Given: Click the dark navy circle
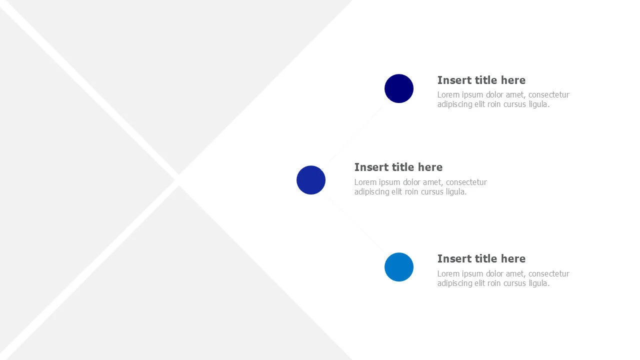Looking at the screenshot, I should click(x=399, y=88).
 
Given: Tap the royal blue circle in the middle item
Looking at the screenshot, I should click(x=311, y=180).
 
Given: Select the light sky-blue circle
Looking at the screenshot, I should click(x=399, y=267).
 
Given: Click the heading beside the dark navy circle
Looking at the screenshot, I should click(x=481, y=80).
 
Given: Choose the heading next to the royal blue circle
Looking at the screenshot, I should click(x=398, y=167).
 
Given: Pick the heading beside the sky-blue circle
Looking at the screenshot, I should click(x=481, y=258).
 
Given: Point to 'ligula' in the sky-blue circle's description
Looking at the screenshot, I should click(x=537, y=283).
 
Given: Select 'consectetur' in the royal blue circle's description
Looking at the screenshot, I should click(x=466, y=182).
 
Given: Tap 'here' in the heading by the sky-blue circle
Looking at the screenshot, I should click(x=513, y=258).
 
